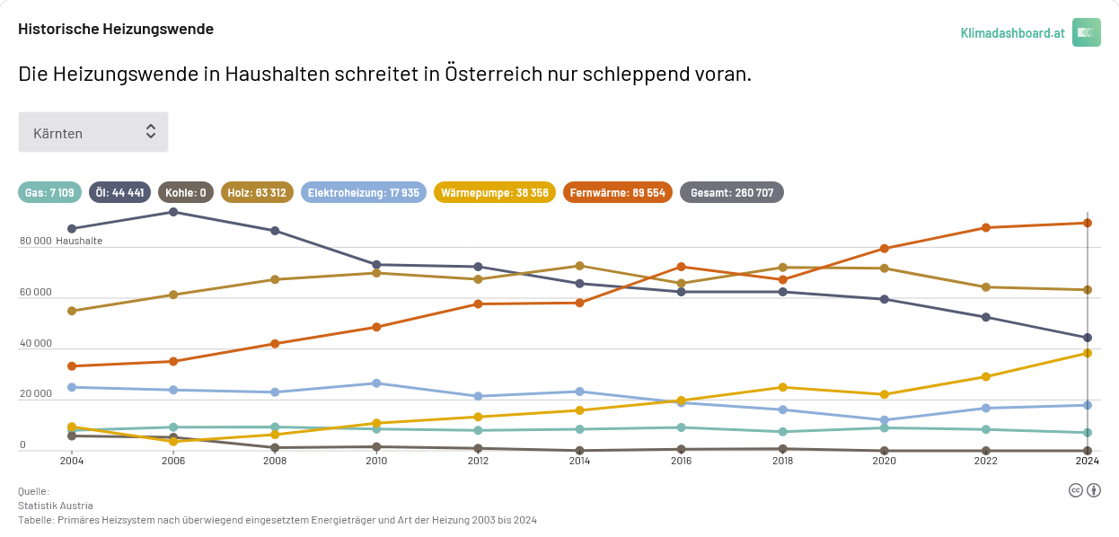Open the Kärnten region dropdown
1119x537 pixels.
pyautogui.click(x=93, y=132)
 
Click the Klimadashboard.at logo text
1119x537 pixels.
pyautogui.click(x=1012, y=32)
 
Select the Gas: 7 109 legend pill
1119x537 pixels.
pyautogui.click(x=49, y=192)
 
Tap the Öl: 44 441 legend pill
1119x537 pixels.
pyautogui.click(x=119, y=192)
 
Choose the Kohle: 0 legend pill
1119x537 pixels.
pyautogui.click(x=186, y=192)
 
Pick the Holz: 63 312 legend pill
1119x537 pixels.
pyautogui.click(x=257, y=192)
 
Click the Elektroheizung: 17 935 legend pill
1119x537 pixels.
pyautogui.click(x=364, y=192)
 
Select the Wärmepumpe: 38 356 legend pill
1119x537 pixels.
pyautogui.click(x=495, y=192)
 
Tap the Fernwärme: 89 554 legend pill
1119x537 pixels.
pyautogui.click(x=618, y=192)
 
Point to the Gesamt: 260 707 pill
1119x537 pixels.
pyautogui.click(x=732, y=192)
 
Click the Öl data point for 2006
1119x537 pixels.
pyautogui.click(x=173, y=212)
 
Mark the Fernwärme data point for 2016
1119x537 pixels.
pyautogui.click(x=682, y=267)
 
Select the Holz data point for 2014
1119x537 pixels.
pyautogui.click(x=580, y=266)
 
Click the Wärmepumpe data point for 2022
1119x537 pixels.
pyautogui.click(x=986, y=377)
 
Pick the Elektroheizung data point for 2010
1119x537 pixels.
pyautogui.click(x=376, y=383)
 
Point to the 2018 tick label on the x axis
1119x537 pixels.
pyautogui.click(x=783, y=461)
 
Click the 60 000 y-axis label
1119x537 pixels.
pyautogui.click(x=36, y=293)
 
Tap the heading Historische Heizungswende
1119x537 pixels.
pyautogui.click(x=116, y=29)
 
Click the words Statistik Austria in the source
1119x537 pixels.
pyautogui.click(x=56, y=506)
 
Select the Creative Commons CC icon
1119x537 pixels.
pyautogui.click(x=1075, y=489)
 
